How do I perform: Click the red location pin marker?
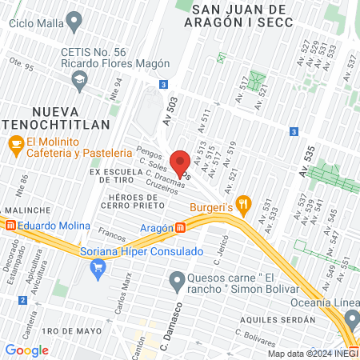tap(181, 162)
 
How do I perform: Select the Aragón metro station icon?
tap(182, 227)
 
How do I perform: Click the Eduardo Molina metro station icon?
tap(10, 225)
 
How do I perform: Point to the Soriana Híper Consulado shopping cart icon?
tap(99, 269)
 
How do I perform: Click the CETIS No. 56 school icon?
tap(79, 79)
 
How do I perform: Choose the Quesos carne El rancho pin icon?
tap(177, 279)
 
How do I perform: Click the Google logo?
tap(26, 350)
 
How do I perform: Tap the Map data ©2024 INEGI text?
tap(312, 354)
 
